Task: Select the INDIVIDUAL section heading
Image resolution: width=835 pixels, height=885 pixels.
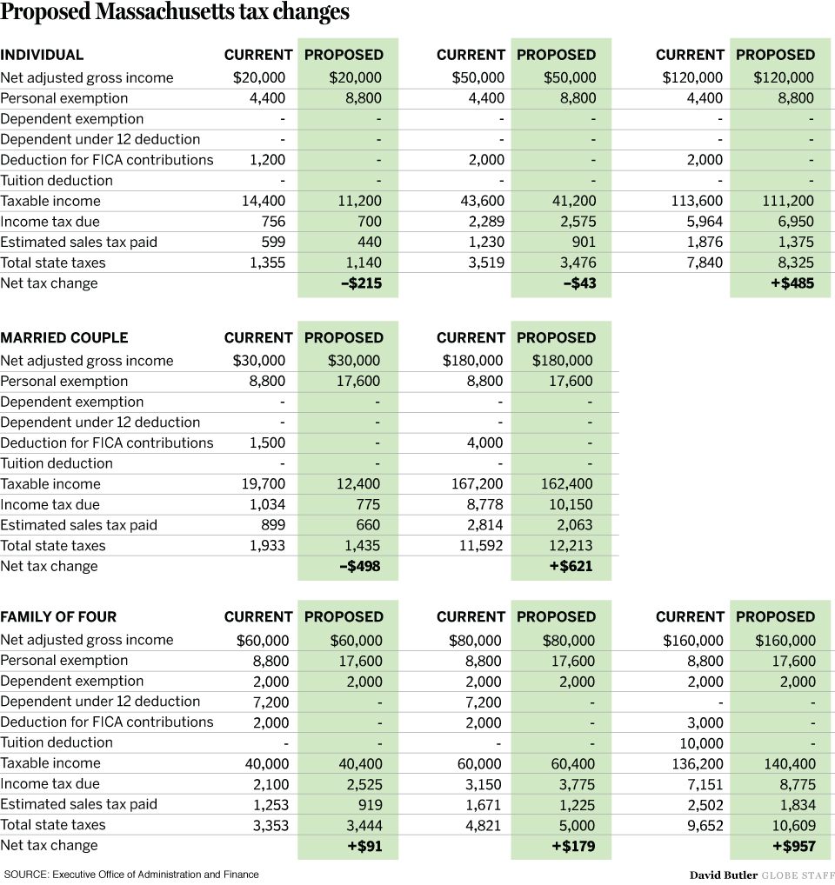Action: tap(42, 55)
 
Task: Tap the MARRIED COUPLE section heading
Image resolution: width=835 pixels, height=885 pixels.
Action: tap(63, 337)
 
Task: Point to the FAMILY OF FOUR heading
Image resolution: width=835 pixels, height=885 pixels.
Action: tap(58, 616)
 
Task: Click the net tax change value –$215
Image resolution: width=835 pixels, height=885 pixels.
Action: tap(357, 283)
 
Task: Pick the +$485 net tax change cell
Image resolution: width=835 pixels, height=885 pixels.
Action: tap(792, 283)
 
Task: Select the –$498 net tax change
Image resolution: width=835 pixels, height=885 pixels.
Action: tap(357, 567)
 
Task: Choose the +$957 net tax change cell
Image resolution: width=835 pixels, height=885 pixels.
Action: tap(793, 846)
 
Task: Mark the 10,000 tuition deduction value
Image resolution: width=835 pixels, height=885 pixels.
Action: tap(701, 743)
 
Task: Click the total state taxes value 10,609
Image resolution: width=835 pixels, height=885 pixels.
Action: tap(792, 826)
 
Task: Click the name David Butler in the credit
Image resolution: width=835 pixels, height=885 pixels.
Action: tap(724, 875)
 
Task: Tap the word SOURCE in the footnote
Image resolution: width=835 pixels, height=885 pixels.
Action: tap(23, 875)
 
